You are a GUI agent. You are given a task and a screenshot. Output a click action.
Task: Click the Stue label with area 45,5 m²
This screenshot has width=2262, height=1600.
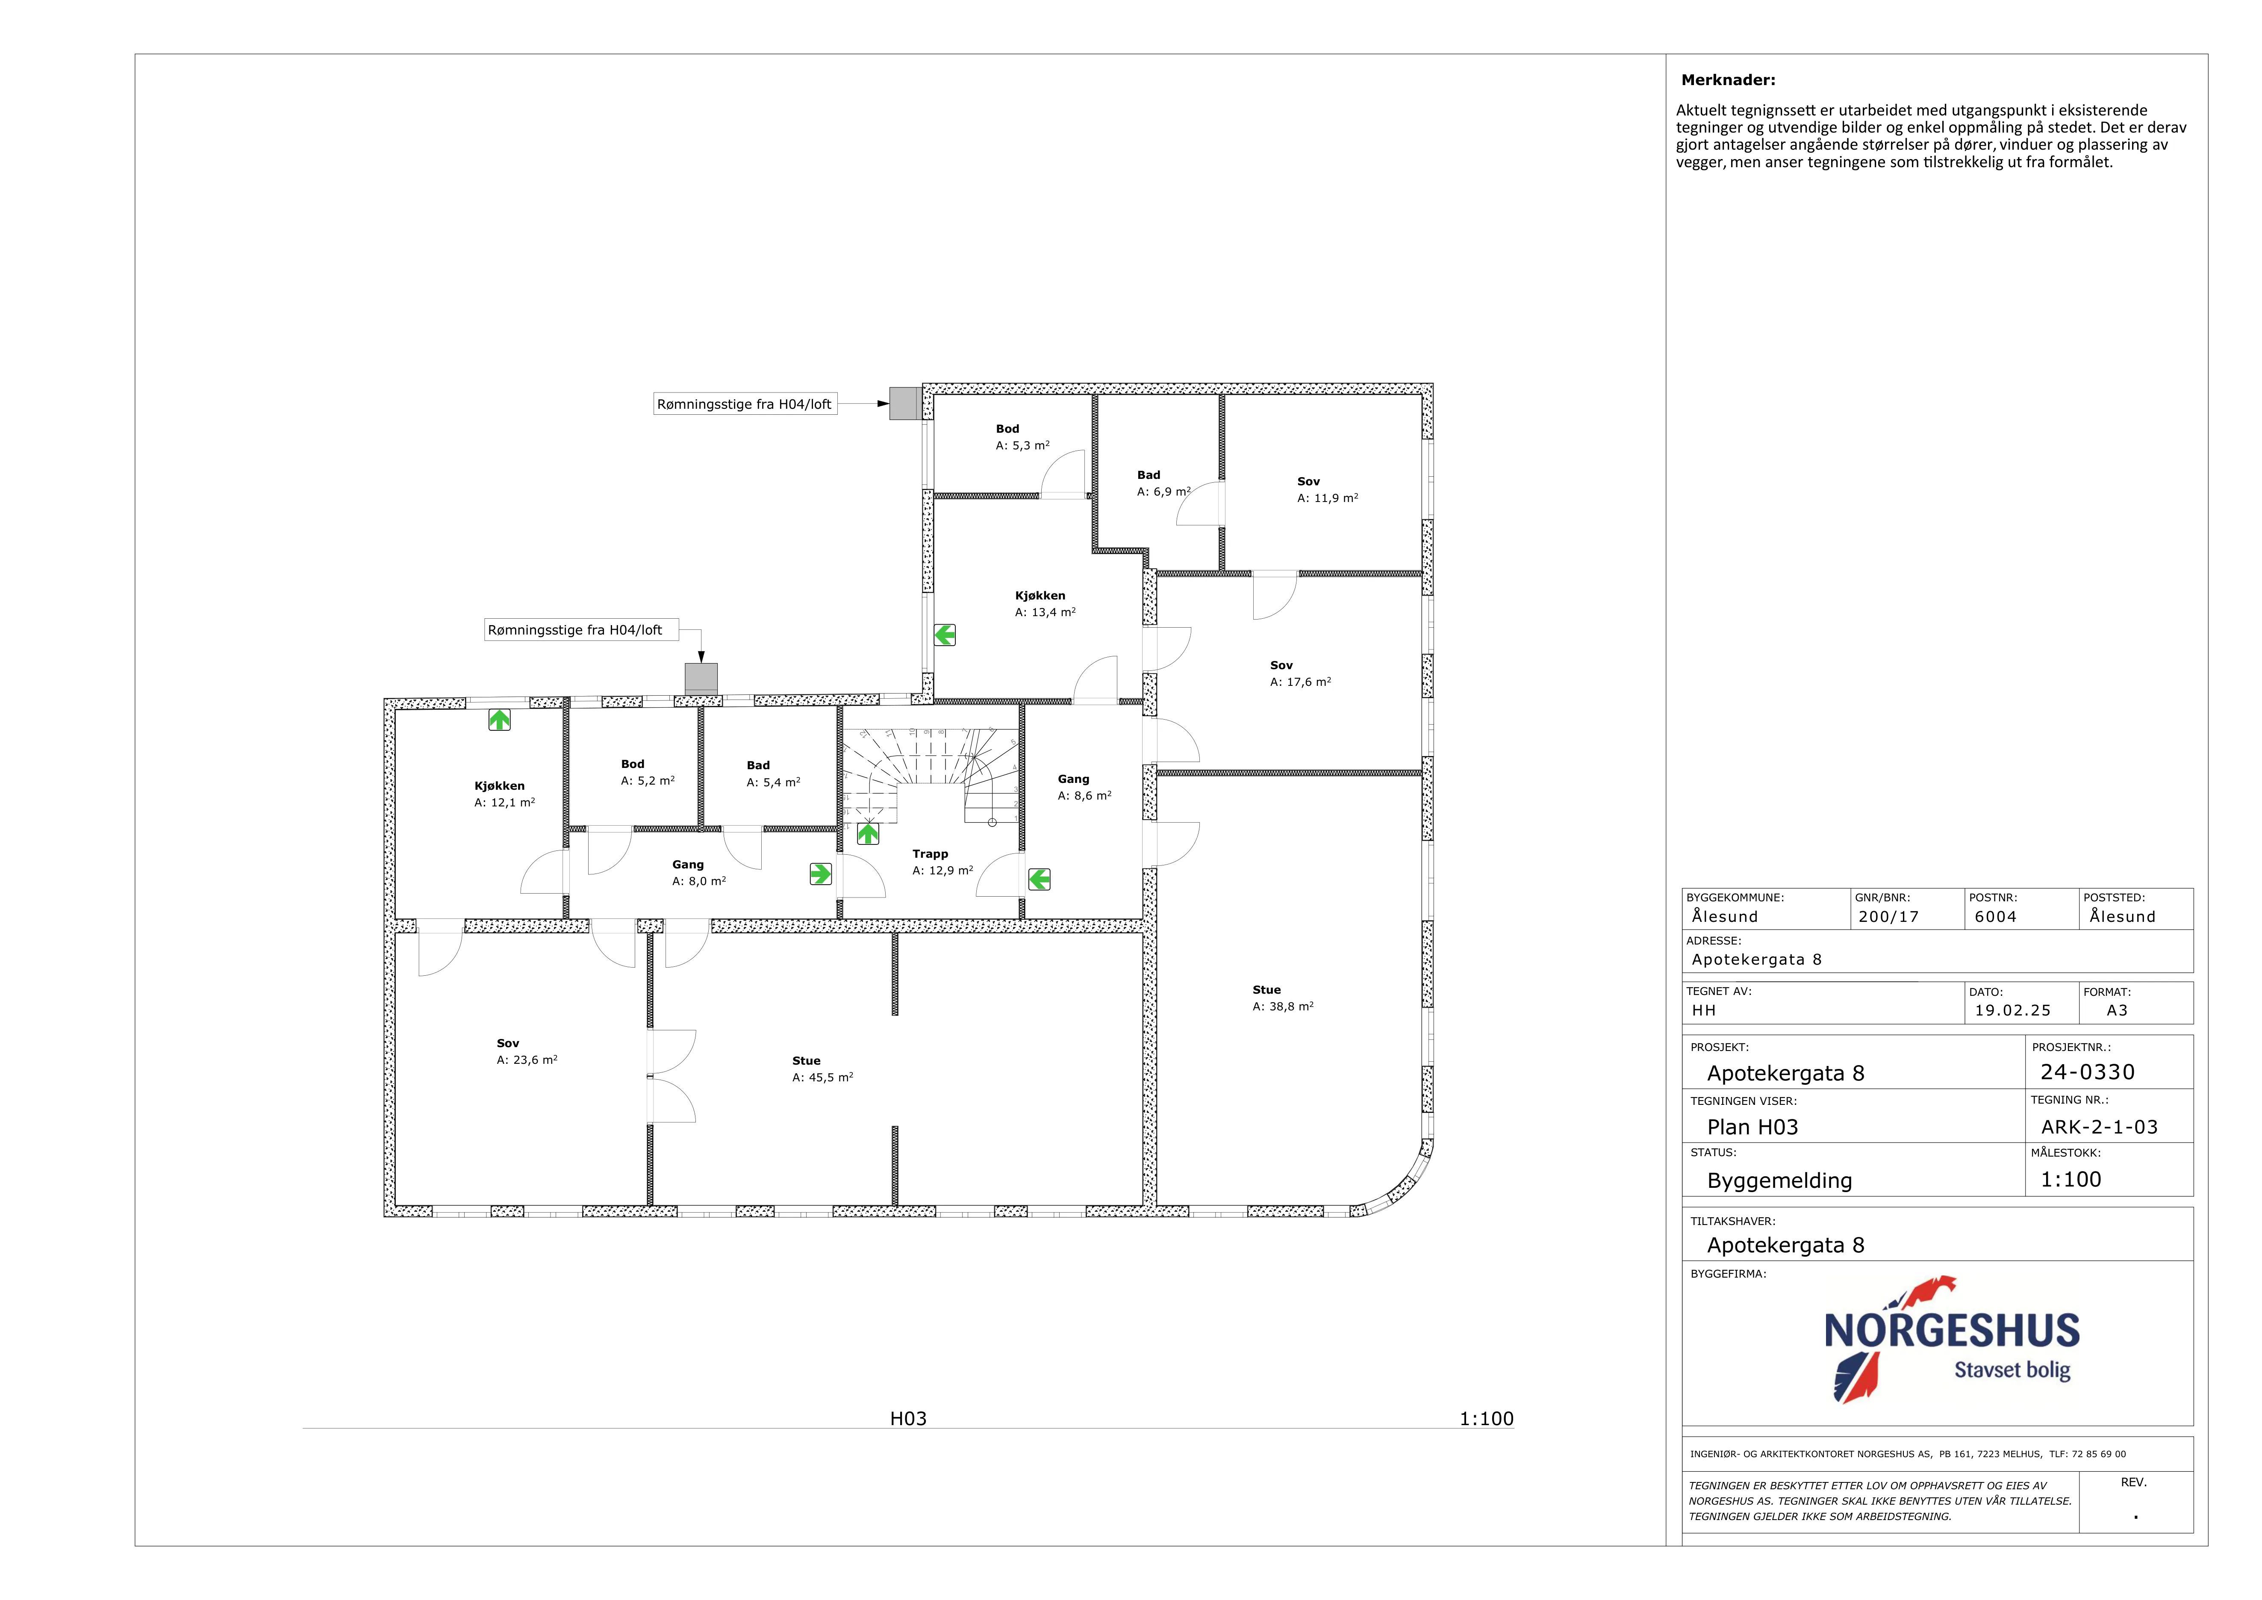tap(806, 1061)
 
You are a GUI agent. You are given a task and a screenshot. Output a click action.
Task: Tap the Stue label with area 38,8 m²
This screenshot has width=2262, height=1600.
tap(1267, 990)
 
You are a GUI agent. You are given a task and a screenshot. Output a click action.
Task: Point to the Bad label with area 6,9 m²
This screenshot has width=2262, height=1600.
tap(1149, 475)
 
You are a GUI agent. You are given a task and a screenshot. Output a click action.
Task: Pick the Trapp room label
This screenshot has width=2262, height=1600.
tap(930, 854)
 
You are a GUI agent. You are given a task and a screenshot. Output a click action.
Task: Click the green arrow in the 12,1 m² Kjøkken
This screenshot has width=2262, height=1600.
tap(500, 720)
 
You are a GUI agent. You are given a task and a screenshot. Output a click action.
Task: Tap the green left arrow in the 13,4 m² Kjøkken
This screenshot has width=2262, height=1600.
tap(945, 635)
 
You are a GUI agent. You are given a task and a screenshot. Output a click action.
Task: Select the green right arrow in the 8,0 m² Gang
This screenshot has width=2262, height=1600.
tap(821, 874)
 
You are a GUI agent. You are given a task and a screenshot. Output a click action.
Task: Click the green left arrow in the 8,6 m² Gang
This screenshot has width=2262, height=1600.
tap(1040, 879)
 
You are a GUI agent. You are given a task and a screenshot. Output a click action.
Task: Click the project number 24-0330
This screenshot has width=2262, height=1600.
tap(2088, 1072)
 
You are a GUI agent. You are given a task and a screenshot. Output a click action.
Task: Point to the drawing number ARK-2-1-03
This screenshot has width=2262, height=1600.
tap(2100, 1127)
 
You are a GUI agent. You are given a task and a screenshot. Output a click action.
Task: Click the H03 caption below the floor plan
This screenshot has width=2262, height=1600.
tap(908, 1419)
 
